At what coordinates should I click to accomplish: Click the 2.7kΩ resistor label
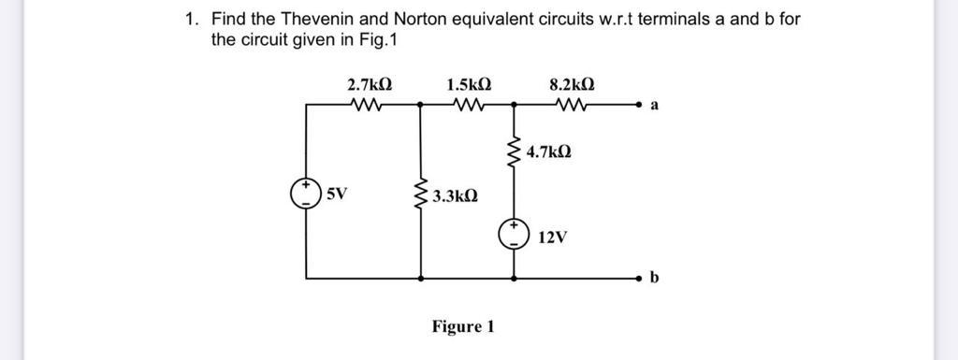pyautogui.click(x=370, y=85)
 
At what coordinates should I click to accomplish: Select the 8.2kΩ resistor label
pyautogui.click(x=571, y=85)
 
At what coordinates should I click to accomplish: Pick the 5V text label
pyautogui.click(x=336, y=194)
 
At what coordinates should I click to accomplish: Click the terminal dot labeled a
pyautogui.click(x=641, y=107)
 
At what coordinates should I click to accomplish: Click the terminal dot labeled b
pyautogui.click(x=641, y=279)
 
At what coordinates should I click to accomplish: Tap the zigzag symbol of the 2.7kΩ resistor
pyautogui.click(x=367, y=106)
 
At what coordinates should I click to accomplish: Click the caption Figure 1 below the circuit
pyautogui.click(x=462, y=326)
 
